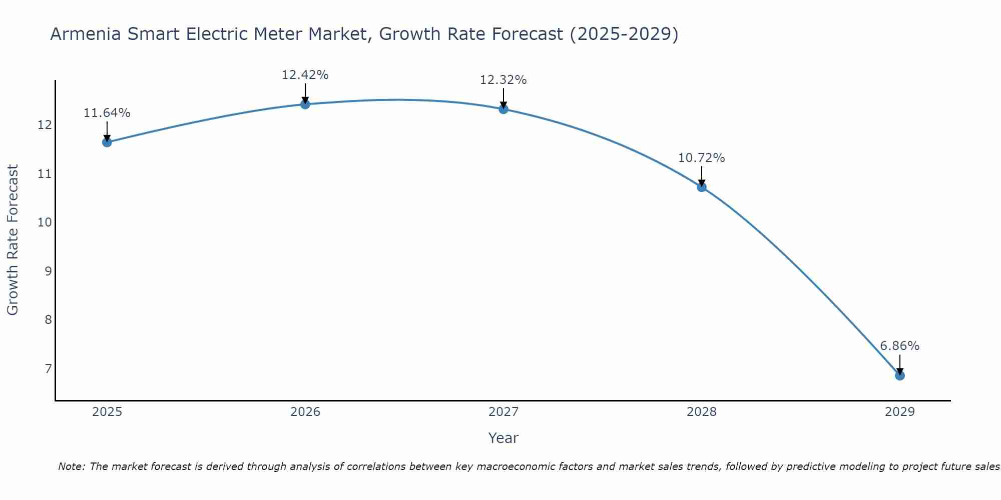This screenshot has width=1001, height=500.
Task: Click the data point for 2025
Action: coord(107,142)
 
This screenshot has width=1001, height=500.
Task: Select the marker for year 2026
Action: coord(305,104)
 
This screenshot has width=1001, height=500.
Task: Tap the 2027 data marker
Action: coord(504,109)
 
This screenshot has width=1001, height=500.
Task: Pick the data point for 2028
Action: coord(702,187)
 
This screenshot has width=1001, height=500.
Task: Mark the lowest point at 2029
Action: coord(900,375)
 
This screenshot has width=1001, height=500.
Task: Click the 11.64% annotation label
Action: coord(107,113)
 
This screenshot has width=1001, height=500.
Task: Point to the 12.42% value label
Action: coord(305,75)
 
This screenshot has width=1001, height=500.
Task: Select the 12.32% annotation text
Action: coord(504,80)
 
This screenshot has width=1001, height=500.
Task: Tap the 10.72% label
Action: coord(702,158)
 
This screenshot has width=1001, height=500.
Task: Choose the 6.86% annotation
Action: coord(900,346)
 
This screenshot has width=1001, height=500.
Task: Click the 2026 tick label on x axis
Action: coord(305,412)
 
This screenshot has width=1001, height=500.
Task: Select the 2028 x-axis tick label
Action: coord(702,412)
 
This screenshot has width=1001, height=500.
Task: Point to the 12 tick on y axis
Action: coord(45,124)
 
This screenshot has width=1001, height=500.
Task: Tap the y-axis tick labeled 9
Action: coord(48,271)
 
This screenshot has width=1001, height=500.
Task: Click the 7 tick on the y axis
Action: coord(48,369)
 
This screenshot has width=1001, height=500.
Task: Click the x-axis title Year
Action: coord(504,438)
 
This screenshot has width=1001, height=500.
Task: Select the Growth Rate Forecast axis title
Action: coord(13,240)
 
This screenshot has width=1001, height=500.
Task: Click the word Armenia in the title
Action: coord(86,34)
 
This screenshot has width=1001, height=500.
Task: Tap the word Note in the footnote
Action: coord(72,466)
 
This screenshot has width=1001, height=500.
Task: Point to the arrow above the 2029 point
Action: coord(900,364)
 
